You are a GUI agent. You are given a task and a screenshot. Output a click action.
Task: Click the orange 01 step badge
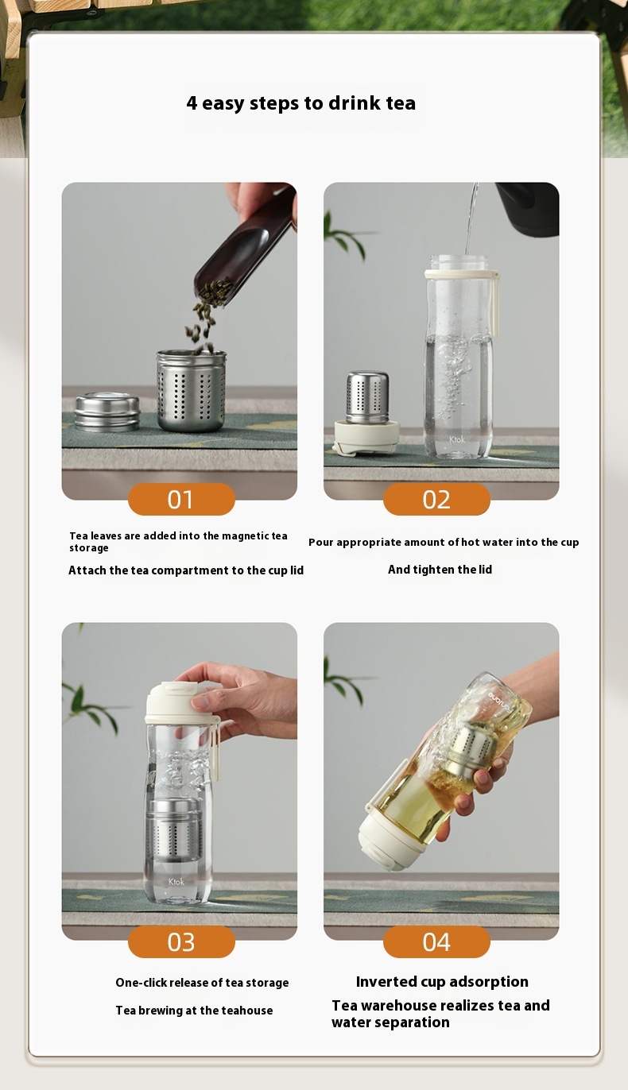point(181,499)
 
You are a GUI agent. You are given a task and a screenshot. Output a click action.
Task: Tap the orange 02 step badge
point(436,499)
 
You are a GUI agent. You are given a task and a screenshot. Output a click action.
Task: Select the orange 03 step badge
point(181,941)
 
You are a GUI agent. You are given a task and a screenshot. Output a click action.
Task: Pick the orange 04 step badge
point(436,941)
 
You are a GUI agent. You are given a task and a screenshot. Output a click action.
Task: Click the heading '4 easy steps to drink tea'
point(300,103)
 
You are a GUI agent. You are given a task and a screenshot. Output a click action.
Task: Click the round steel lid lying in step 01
point(107,412)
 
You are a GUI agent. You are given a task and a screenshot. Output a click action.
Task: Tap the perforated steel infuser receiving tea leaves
point(192,390)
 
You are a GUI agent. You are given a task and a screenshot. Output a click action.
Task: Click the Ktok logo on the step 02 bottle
point(456,439)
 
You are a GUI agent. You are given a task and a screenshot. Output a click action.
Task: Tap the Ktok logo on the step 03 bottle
point(176,881)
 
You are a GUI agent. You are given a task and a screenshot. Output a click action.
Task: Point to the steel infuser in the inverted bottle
point(471,745)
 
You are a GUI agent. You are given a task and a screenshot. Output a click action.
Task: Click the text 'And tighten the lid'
point(440,570)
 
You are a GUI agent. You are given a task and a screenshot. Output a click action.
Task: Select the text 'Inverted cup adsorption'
point(442,982)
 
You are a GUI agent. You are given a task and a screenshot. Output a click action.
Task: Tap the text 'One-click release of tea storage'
point(202,983)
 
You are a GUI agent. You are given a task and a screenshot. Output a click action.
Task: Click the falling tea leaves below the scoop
point(204,314)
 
